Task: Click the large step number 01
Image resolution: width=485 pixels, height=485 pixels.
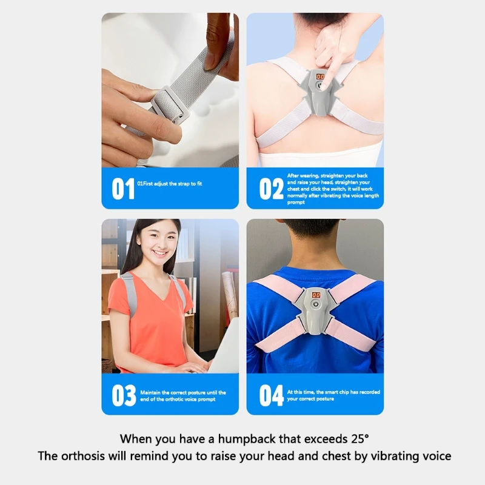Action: [123, 189]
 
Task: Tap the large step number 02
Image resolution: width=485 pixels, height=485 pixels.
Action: [271, 189]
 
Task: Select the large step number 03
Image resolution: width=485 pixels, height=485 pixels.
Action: [123, 395]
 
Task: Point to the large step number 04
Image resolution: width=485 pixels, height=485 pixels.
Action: [271, 395]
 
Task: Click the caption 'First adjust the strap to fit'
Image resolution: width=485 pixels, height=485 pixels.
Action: [173, 182]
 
